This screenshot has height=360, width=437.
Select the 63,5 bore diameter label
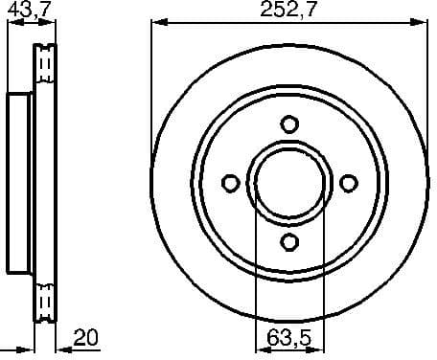pos(290,339)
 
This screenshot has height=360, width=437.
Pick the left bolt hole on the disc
pos(230,183)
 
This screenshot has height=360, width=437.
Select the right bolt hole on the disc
pos(349,183)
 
